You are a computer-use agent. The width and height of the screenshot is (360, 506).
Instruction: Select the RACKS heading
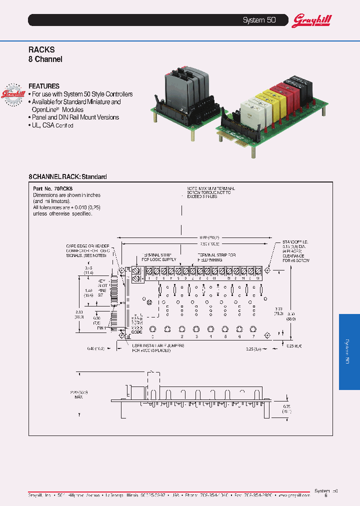click(41, 49)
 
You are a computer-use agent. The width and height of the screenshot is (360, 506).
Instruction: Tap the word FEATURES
click(44, 86)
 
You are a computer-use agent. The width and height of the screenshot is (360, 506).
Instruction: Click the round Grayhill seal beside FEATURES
click(14, 93)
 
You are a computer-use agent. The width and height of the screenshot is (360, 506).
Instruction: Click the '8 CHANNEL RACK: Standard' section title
click(67, 177)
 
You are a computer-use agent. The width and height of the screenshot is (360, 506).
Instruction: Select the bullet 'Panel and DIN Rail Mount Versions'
click(75, 117)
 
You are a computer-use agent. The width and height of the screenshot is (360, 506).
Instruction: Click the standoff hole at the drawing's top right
click(268, 270)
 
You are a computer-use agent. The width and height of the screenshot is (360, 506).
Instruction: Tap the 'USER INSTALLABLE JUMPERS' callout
click(158, 347)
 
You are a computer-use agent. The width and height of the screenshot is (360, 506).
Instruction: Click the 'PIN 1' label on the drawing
click(102, 328)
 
